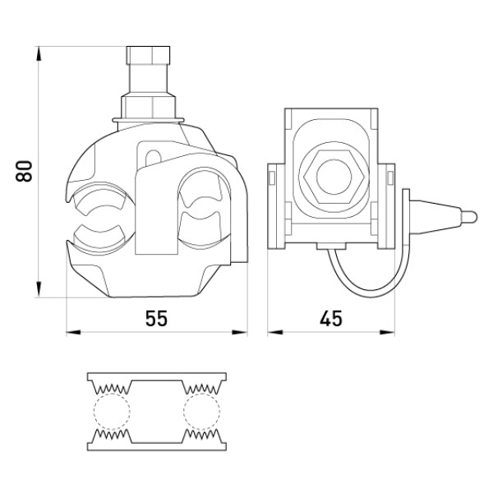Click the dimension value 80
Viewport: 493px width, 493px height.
point(24,171)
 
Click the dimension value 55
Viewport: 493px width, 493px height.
point(156,318)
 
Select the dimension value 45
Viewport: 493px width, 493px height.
point(331,318)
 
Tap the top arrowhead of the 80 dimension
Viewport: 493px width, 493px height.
point(39,53)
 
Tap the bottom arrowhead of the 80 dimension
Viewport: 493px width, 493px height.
point(39,289)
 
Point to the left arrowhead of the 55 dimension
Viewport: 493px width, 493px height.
point(74,332)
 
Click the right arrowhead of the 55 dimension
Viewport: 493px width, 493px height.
point(240,332)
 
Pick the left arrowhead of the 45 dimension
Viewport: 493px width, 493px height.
point(275,332)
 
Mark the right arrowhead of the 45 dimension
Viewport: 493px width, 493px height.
point(387,332)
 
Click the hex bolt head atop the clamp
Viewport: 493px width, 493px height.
point(148,55)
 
